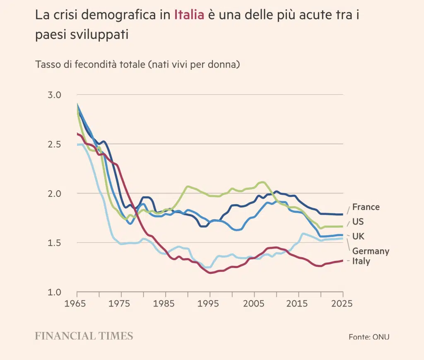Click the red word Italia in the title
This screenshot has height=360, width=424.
(189, 15)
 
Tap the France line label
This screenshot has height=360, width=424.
(366, 207)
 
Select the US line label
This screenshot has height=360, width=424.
(358, 222)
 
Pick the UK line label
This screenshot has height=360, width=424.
(359, 236)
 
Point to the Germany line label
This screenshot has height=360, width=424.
(371, 251)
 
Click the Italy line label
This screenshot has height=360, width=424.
(361, 261)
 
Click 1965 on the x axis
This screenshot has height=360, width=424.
(76, 304)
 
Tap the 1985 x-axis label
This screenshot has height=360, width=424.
(165, 304)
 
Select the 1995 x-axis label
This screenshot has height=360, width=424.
(209, 304)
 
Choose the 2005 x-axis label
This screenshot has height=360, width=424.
(253, 304)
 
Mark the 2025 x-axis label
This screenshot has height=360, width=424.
(342, 304)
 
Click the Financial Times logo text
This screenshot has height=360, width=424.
(84, 336)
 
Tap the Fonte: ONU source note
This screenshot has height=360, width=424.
(369, 337)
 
